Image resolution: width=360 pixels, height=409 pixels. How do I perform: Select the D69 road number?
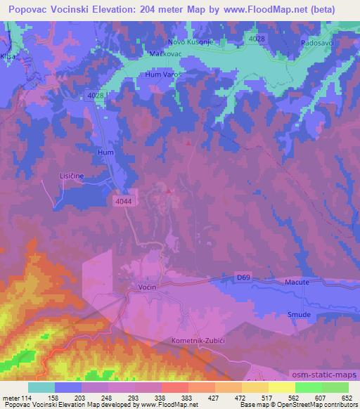(243, 278)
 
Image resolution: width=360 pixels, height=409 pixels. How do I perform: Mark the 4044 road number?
(123, 201)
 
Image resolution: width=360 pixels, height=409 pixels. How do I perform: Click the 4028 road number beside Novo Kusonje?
(257, 38)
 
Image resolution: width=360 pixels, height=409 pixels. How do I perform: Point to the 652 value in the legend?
(347, 398)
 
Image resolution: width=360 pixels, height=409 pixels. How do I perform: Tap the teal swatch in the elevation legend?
(41, 387)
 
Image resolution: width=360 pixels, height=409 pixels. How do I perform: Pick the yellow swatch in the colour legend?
(282, 387)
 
